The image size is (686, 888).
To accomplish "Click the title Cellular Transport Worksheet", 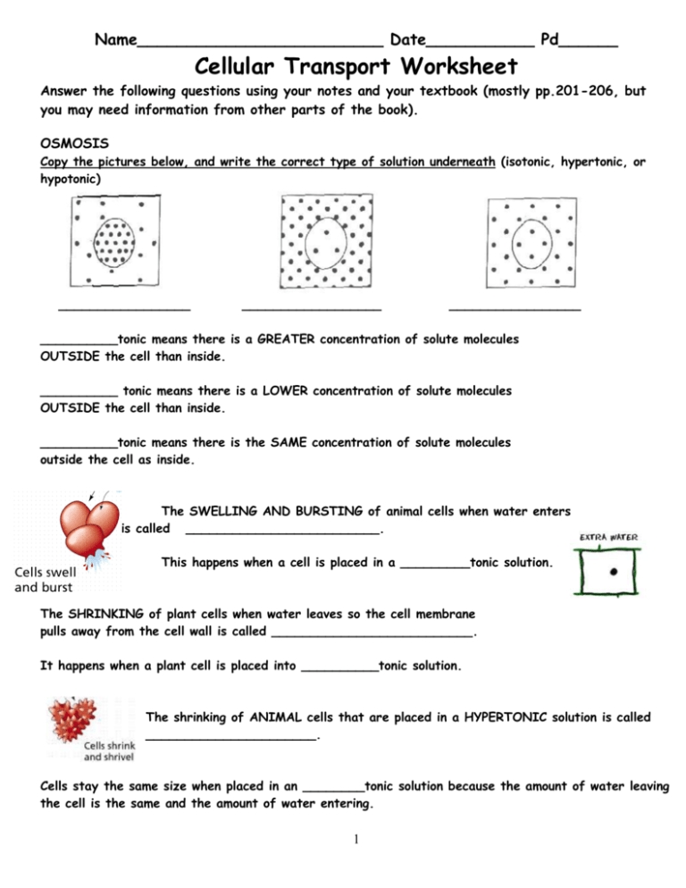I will [x=343, y=66].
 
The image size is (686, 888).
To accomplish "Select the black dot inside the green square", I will [x=613, y=574].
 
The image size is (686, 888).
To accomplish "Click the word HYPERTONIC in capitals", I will [x=473, y=716].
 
